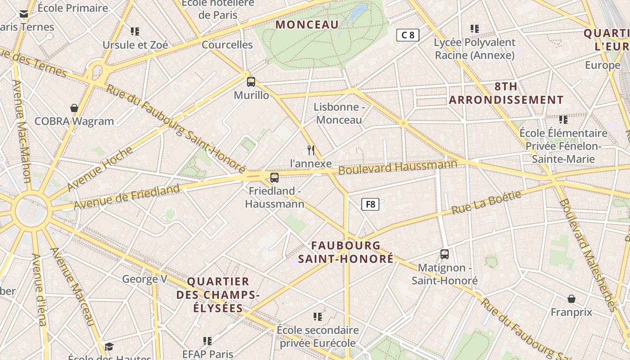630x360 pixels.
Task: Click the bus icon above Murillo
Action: tap(251, 82)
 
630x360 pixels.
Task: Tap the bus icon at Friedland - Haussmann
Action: tap(274, 178)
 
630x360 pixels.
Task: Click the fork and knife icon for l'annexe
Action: tap(310, 150)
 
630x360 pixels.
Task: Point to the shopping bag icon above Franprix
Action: tap(571, 299)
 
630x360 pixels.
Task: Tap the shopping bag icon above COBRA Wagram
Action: tap(74, 108)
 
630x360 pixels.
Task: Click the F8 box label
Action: tap(370, 205)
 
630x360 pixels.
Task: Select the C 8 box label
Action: tap(408, 35)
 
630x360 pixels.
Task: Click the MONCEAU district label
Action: tap(307, 25)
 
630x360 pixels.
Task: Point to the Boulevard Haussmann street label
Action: tap(398, 167)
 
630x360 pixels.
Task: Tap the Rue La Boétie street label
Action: tap(486, 202)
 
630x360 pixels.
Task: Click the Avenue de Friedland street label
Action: tap(127, 197)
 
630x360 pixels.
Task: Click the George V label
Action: tap(144, 279)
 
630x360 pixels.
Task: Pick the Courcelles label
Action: tap(227, 45)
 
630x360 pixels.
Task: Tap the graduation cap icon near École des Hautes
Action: tap(109, 346)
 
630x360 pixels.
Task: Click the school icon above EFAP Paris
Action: tap(207, 341)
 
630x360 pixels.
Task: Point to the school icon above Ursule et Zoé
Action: tap(135, 31)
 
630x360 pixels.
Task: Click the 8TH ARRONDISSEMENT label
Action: tap(506, 93)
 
